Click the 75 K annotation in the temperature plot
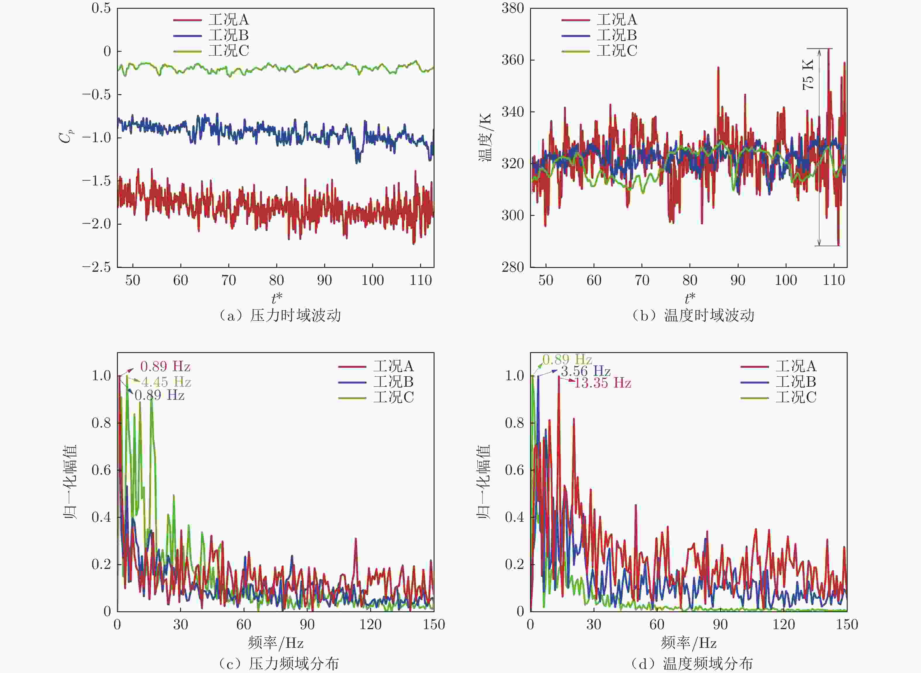808,75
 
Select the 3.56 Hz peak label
586,371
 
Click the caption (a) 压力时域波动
280,316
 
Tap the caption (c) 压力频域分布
279,664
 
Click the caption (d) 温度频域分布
692,664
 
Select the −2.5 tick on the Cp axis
96,268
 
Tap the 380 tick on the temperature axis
513,8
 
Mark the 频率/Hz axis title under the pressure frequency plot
276,643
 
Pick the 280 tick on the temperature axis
513,267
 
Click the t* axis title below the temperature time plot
690,299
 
